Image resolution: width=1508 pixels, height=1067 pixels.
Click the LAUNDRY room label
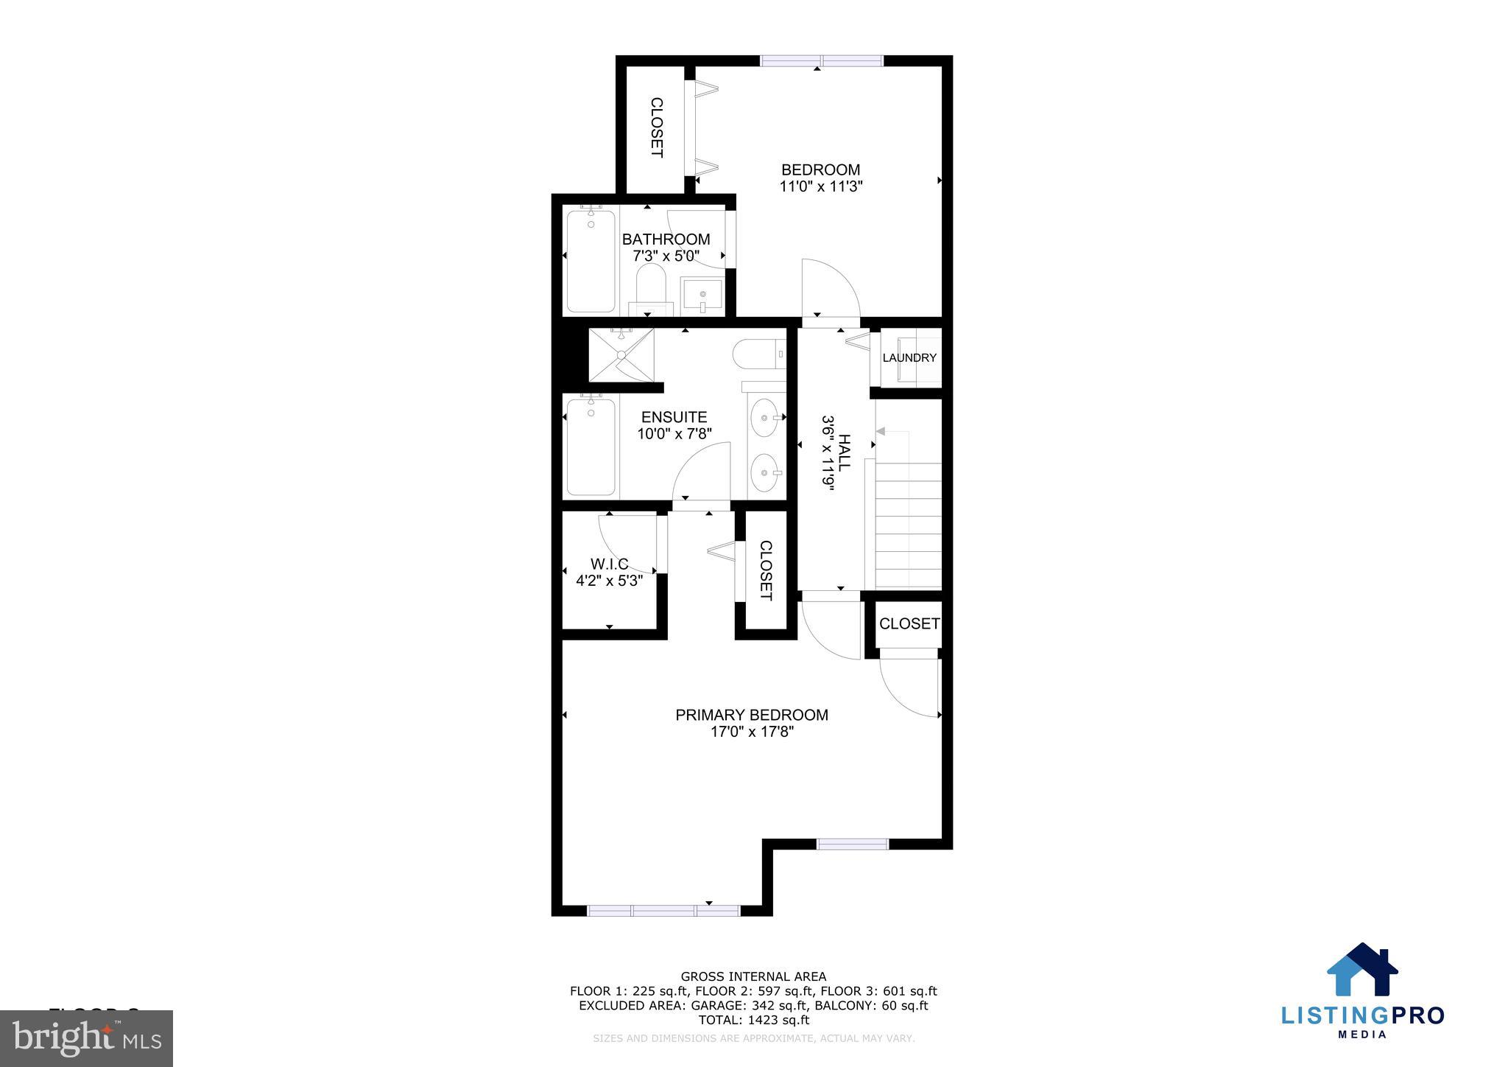click(x=909, y=358)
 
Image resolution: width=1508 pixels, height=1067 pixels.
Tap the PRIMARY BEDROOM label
click(x=752, y=715)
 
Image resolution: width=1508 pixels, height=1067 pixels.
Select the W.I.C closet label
click(x=609, y=564)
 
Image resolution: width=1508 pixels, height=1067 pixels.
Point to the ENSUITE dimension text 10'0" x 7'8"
click(x=674, y=434)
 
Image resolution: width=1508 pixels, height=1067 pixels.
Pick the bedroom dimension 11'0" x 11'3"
click(x=821, y=186)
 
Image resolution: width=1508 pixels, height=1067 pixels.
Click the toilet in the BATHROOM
click(x=651, y=289)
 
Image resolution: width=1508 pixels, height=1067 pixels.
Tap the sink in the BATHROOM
click(x=701, y=295)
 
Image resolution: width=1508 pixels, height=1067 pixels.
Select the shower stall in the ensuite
click(x=621, y=354)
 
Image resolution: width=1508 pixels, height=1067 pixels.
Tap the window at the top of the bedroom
click(x=822, y=61)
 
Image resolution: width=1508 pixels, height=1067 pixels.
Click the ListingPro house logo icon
click(x=1362, y=970)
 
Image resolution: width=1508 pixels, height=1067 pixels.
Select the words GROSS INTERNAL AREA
click(x=753, y=977)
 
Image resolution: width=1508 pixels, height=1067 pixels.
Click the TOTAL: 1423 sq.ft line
click(x=753, y=1020)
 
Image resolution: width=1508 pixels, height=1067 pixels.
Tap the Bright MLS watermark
click(x=87, y=1038)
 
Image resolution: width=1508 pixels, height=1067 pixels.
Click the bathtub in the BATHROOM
click(x=591, y=261)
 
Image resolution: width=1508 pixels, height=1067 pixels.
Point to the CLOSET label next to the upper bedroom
click(x=656, y=127)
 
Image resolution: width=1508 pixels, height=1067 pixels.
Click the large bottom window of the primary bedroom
click(x=663, y=911)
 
